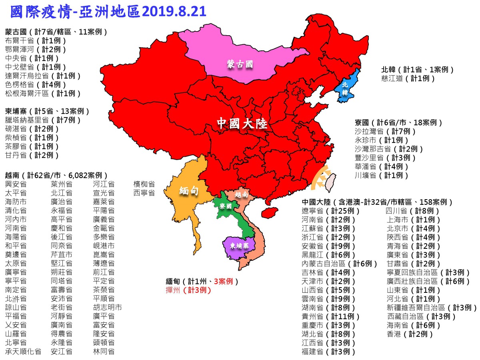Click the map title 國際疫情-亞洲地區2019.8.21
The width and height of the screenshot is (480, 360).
108,12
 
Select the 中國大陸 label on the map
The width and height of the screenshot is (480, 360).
242,124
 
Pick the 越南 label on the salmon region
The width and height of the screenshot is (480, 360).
241,195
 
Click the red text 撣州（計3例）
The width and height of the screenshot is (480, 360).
188,290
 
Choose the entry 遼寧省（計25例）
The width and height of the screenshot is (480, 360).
331,211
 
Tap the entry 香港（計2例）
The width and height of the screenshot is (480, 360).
410,334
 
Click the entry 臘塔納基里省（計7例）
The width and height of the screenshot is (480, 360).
43,120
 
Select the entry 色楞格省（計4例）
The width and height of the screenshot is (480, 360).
36,84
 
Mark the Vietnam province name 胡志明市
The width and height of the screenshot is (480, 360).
107,308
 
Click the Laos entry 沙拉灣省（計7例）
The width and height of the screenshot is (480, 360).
386,131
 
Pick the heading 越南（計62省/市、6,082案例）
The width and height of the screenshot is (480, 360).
56,175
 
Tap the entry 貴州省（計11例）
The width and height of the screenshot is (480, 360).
331,316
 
